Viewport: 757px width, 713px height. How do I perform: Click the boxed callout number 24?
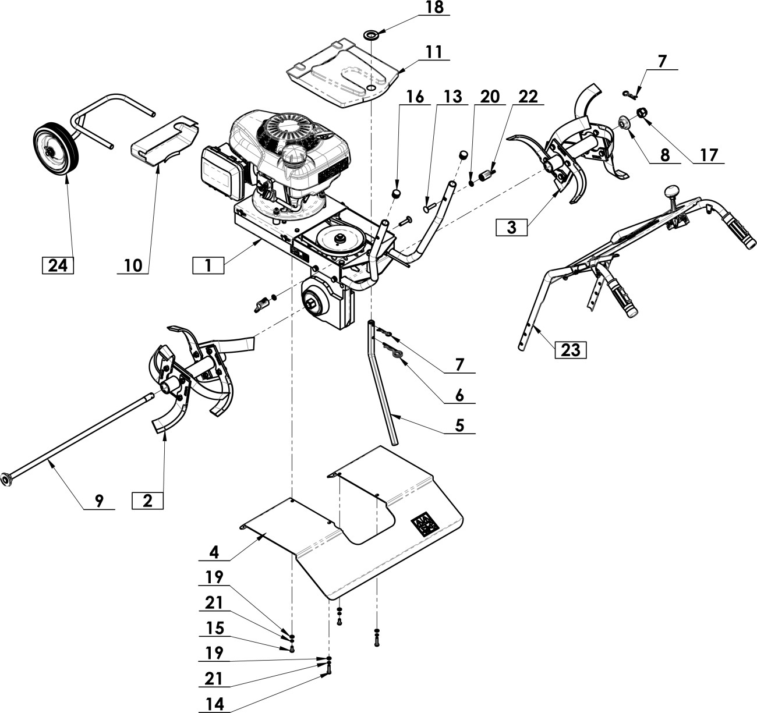[x=58, y=265]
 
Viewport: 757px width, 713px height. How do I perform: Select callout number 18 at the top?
[x=434, y=8]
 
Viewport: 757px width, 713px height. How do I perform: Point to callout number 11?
[x=433, y=52]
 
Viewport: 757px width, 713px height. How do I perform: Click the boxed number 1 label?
[x=208, y=265]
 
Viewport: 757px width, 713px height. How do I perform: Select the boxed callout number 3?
[x=511, y=228]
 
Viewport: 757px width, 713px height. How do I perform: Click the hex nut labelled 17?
[x=641, y=112]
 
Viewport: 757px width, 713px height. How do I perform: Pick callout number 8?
[x=664, y=155]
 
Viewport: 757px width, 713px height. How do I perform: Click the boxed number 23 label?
[x=570, y=350]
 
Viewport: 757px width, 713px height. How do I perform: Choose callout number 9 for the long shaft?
[x=99, y=501]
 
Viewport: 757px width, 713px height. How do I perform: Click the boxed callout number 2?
[x=147, y=501]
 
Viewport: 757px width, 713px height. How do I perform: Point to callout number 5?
[x=459, y=425]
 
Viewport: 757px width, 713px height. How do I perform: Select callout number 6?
[x=459, y=396]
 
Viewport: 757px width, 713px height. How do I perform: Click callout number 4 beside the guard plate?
[x=214, y=552]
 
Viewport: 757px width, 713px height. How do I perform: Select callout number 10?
[x=133, y=265]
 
